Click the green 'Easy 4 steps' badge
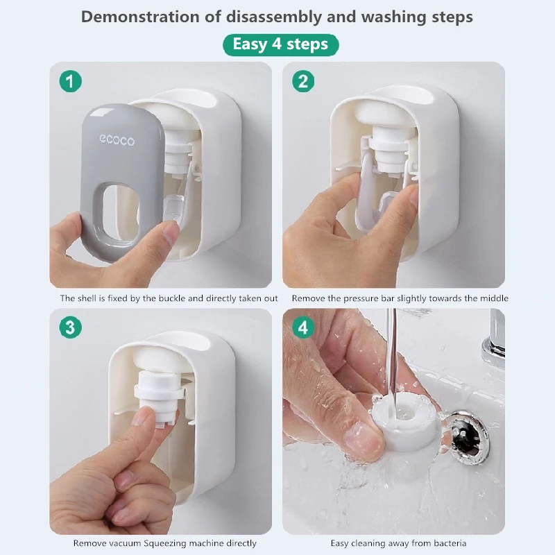click(x=280, y=45)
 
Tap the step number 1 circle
click(x=70, y=82)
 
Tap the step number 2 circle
click(x=302, y=82)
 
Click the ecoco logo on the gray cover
click(x=117, y=140)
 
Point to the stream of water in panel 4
click(x=392, y=361)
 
